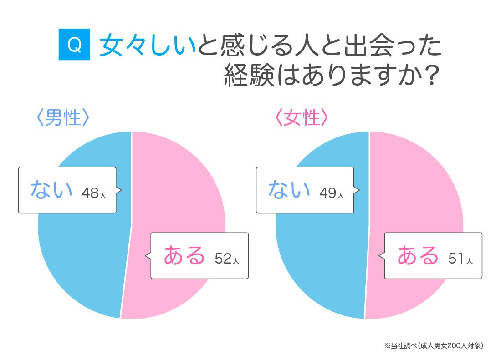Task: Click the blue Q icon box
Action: pyautogui.click(x=74, y=44)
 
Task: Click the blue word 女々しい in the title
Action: pyautogui.click(x=147, y=46)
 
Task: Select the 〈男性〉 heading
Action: pyautogui.click(x=63, y=117)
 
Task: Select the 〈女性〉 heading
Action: pyautogui.click(x=302, y=117)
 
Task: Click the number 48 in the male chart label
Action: pyautogui.click(x=90, y=193)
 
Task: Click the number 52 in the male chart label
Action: pyautogui.click(x=223, y=259)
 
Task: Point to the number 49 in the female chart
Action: pyautogui.click(x=327, y=193)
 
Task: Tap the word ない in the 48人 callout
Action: pyautogui.click(x=51, y=189)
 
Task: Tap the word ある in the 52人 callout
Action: pyautogui.click(x=184, y=255)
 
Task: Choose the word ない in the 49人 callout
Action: pyautogui.click(x=289, y=189)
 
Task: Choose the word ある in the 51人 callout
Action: pyautogui.click(x=418, y=255)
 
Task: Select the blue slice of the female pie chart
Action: pyautogui.click(x=320, y=255)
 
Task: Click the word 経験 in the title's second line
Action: pyautogui.click(x=249, y=76)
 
